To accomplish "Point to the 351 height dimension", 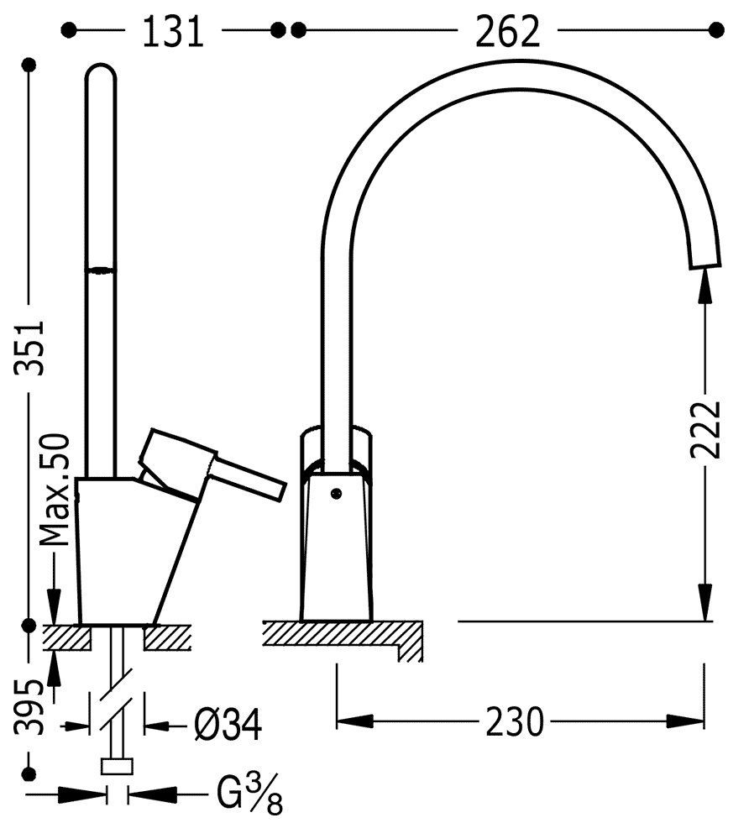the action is pyautogui.click(x=29, y=347).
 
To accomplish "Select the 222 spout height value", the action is pyautogui.click(x=705, y=429).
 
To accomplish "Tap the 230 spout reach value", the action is pyautogui.click(x=515, y=721).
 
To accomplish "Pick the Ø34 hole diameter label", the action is pyautogui.click(x=228, y=725).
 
